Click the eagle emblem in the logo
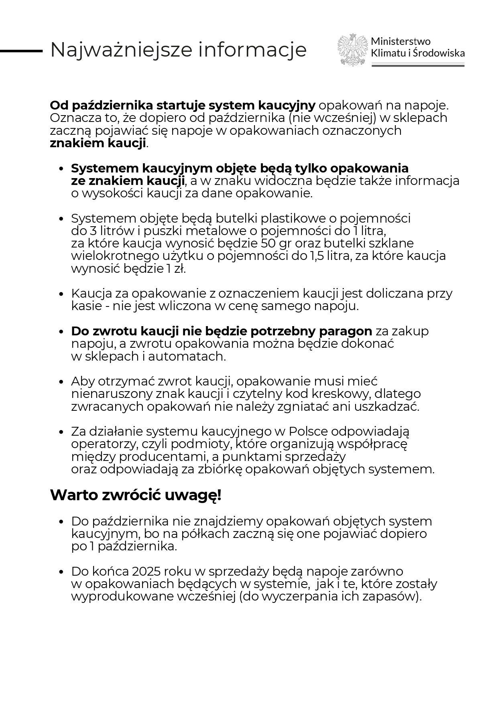pyautogui.click(x=353, y=50)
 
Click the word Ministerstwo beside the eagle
pyautogui.click(x=400, y=41)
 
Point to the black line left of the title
pyautogui.click(x=21, y=51)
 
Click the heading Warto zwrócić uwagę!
pyautogui.click(x=136, y=495)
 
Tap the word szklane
pyautogui.click(x=390, y=243)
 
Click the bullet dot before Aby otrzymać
pyautogui.click(x=61, y=382)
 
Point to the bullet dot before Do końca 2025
pyautogui.click(x=61, y=572)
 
